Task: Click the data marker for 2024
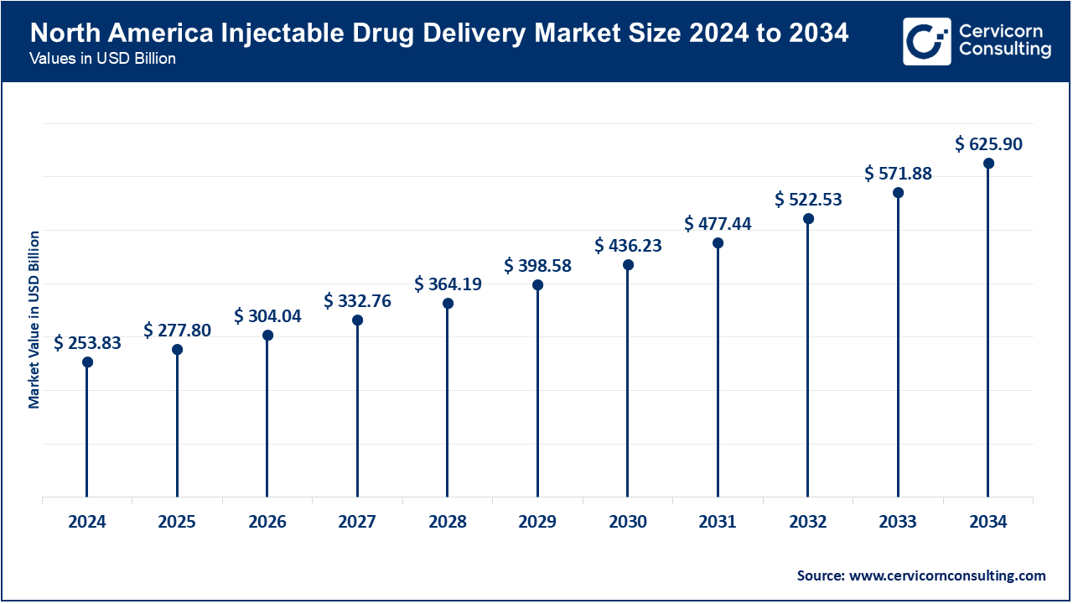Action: (x=87, y=362)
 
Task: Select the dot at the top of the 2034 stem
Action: (x=988, y=164)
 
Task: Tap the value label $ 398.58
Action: (x=537, y=266)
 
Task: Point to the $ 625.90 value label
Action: (x=988, y=144)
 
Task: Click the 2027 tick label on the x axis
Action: (x=357, y=522)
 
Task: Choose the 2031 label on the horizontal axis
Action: (x=718, y=522)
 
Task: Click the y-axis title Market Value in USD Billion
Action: (x=34, y=319)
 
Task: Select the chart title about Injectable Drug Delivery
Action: (x=438, y=34)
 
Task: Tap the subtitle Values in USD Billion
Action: (x=102, y=59)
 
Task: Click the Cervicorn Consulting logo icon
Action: (x=926, y=41)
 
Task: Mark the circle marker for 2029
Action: (x=537, y=285)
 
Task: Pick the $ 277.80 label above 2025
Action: (x=177, y=331)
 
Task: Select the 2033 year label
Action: (x=898, y=522)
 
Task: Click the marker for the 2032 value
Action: (x=808, y=219)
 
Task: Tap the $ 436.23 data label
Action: (x=628, y=246)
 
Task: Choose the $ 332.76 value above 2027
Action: (x=357, y=301)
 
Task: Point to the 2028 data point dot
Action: (x=448, y=304)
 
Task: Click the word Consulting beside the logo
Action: (x=1004, y=50)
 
